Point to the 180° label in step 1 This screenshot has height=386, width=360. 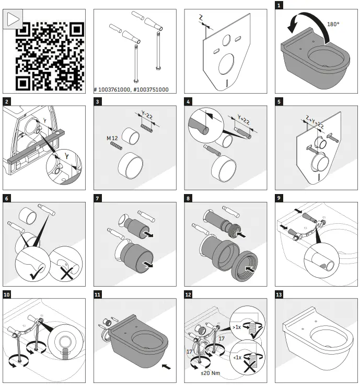(333, 24)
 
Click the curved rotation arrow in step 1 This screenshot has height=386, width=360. (306, 24)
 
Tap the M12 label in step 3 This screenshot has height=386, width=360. (114, 138)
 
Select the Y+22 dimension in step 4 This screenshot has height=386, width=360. (243, 119)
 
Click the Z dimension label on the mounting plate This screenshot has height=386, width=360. (202, 17)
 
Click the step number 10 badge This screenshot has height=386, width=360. (7, 294)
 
